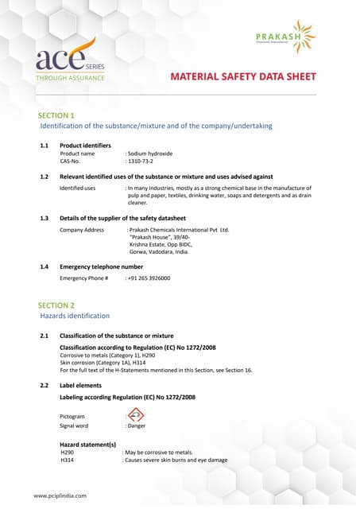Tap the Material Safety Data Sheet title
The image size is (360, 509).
click(243, 77)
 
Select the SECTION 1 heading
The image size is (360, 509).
click(56, 115)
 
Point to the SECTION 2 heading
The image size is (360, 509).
click(56, 305)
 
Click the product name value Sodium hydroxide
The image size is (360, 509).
click(150, 153)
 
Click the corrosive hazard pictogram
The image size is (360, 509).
click(136, 415)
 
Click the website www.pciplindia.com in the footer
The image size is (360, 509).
click(60, 495)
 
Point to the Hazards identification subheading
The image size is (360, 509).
click(75, 316)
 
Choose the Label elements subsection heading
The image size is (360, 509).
click(80, 385)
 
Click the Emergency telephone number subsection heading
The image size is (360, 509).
click(101, 266)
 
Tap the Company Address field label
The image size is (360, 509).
click(82, 230)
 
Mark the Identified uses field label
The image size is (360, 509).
click(78, 188)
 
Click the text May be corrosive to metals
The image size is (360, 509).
click(159, 452)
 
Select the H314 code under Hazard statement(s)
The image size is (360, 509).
click(67, 460)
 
